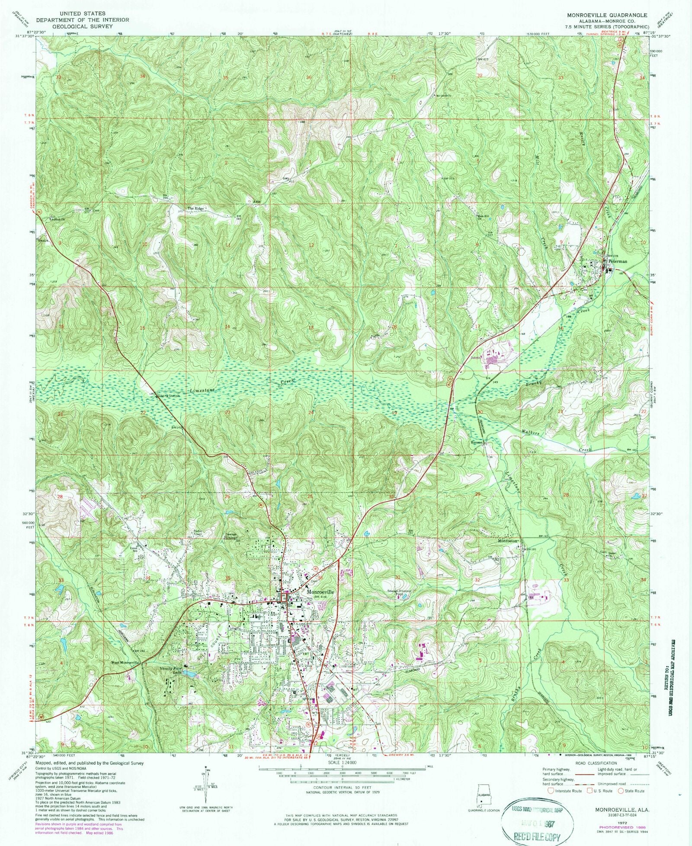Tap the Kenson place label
point(477,443)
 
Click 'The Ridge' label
point(195,208)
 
